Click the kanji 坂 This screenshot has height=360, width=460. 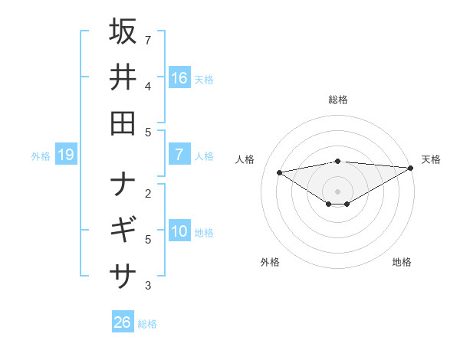tap(123, 32)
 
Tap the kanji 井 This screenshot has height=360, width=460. tap(123, 77)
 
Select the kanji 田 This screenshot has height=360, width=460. tap(123, 123)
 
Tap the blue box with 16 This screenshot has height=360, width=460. tap(179, 77)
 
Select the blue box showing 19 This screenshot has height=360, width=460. tap(65, 155)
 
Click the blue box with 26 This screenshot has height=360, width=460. tap(123, 322)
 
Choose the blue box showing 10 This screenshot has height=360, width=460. tap(179, 231)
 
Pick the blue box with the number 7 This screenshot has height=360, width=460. tap(179, 155)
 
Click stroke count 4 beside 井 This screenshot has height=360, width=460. tap(148, 86)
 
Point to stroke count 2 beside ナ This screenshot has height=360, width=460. tap(148, 193)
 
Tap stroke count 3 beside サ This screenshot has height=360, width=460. tap(148, 286)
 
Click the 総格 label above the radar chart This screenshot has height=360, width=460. tap(338, 100)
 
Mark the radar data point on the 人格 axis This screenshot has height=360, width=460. tap(279, 172)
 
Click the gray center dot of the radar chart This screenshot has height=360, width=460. tap(338, 191)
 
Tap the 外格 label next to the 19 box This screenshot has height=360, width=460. tap(41, 156)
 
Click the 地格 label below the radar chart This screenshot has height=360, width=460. tap(402, 262)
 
